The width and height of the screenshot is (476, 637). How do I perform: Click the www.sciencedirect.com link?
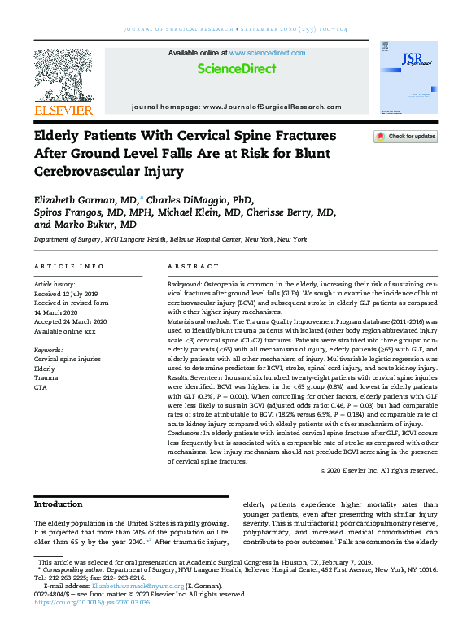[x=267, y=52]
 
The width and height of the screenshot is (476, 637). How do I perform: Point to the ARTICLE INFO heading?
[x=69, y=267]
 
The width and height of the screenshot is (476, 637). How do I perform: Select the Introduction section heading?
[x=58, y=504]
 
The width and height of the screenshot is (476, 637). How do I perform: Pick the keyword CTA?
[x=41, y=387]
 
